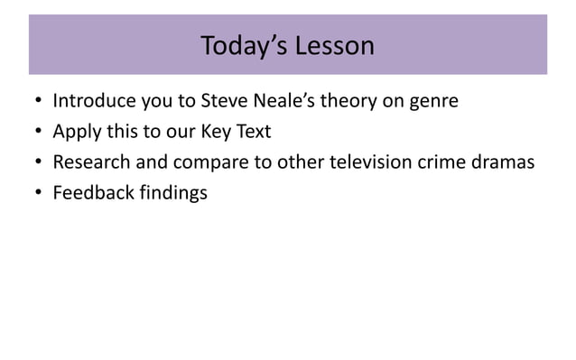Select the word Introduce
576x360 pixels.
(94, 101)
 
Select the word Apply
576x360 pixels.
(76, 133)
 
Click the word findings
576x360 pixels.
(174, 193)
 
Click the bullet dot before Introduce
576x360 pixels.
(36, 102)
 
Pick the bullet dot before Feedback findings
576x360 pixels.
(36, 193)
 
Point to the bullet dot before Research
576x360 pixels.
(36, 163)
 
